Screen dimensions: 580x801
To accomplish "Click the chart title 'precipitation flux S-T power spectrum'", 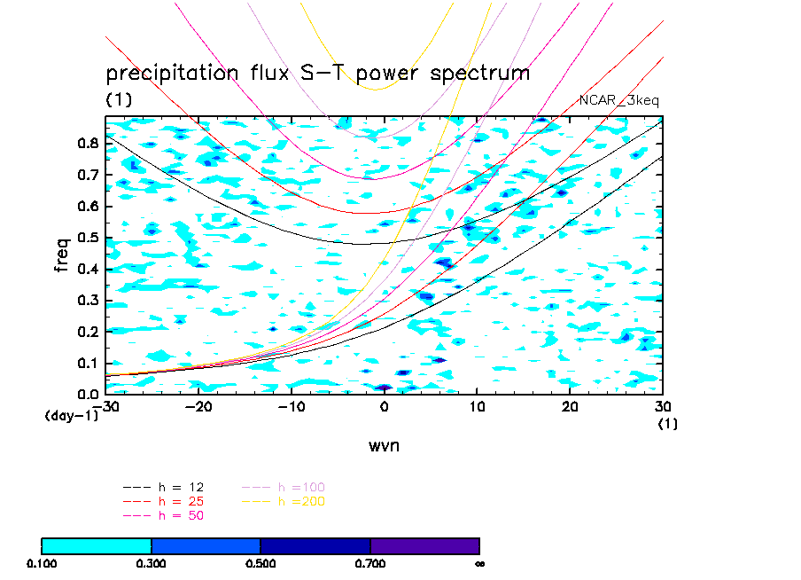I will tap(317, 73).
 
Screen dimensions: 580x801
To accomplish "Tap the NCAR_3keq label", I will tap(618, 100).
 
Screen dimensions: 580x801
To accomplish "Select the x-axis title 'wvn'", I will tap(384, 445).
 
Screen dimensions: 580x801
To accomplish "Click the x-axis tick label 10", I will tap(478, 406).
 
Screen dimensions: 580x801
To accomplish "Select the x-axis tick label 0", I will tap(385, 406).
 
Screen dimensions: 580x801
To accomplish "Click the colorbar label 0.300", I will tap(152, 563).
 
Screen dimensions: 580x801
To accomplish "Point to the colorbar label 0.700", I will tap(370, 563).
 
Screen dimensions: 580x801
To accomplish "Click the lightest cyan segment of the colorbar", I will tap(97, 545).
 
